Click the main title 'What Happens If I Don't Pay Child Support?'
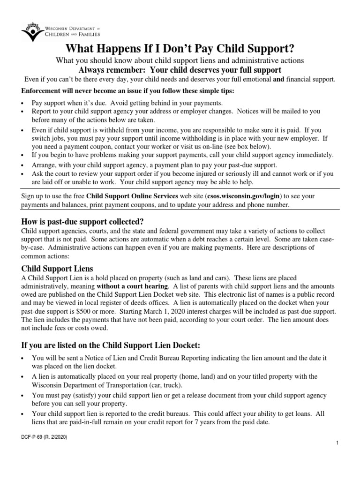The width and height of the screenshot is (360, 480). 180,49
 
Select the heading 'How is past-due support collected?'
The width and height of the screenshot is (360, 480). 82,221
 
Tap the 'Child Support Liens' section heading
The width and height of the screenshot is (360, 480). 57,269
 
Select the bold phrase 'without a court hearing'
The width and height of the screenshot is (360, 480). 132,286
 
